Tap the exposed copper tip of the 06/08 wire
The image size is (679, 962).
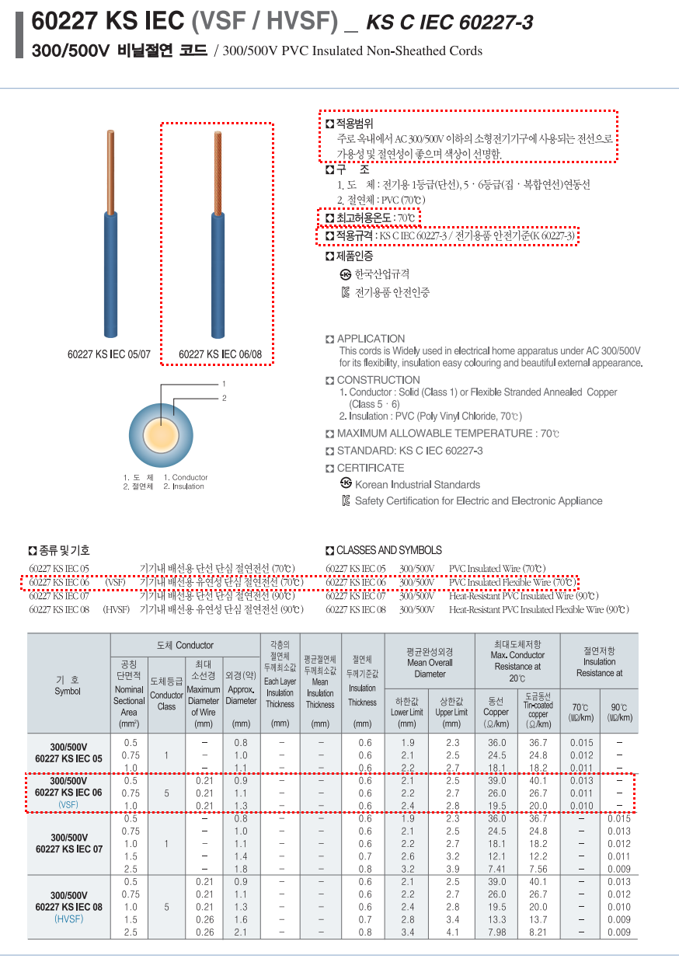(x=218, y=171)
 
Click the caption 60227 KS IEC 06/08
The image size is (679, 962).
(x=221, y=354)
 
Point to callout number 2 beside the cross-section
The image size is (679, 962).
(x=224, y=399)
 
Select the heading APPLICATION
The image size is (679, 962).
(x=371, y=339)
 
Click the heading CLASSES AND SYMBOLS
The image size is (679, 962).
(x=388, y=550)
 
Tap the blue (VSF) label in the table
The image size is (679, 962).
(x=68, y=805)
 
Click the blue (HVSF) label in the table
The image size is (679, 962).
(x=68, y=919)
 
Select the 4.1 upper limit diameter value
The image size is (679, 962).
(x=452, y=932)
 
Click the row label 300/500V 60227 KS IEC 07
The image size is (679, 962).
(x=68, y=843)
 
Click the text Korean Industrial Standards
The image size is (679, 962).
(x=417, y=485)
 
